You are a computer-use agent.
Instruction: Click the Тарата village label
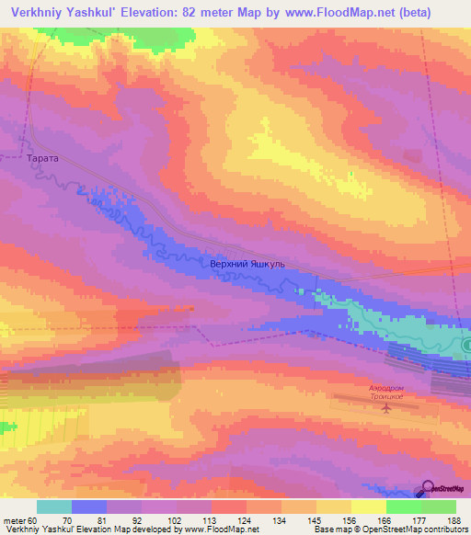click(43, 158)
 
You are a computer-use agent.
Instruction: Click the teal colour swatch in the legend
click(54, 507)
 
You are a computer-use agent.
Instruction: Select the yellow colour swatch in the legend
click(369, 507)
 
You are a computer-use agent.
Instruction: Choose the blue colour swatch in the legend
click(89, 507)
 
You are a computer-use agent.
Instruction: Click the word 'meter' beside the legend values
click(14, 518)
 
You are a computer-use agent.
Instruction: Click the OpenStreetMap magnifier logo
click(429, 487)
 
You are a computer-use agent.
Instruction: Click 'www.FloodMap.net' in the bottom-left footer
click(223, 529)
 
